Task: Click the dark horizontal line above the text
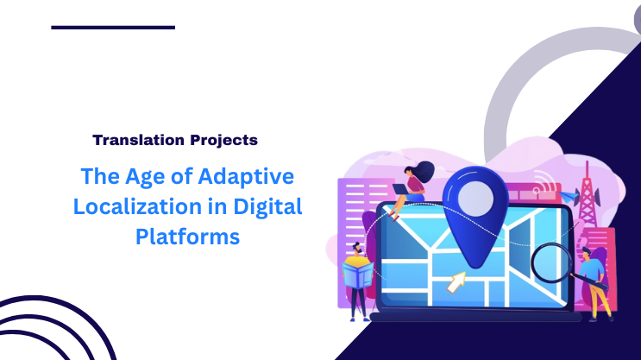coord(113,28)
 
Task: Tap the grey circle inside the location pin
coord(474,199)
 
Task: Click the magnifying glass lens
coord(550,258)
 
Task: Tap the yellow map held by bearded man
coord(356,275)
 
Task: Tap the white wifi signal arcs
coord(544,183)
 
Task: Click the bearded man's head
coord(357,249)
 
